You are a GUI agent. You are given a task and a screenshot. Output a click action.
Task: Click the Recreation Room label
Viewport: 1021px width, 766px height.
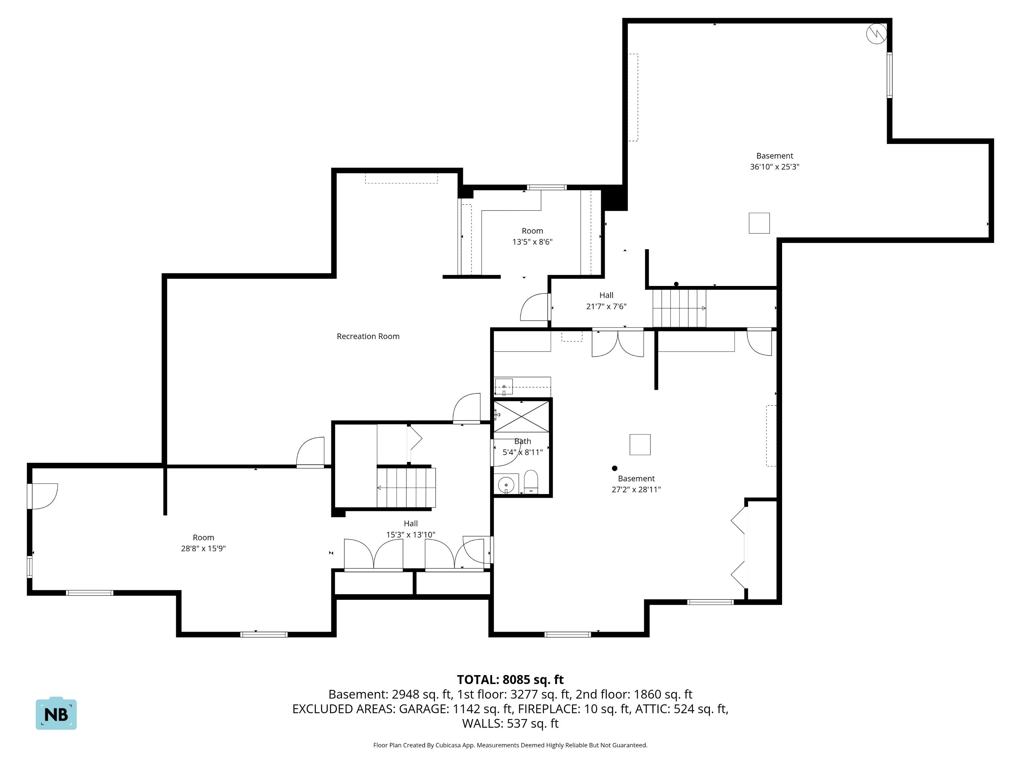pyautogui.click(x=368, y=336)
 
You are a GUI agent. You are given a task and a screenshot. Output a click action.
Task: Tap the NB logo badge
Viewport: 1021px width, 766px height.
pyautogui.click(x=56, y=713)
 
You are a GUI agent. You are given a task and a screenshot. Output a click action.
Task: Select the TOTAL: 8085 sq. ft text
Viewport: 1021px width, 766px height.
pyautogui.click(x=510, y=679)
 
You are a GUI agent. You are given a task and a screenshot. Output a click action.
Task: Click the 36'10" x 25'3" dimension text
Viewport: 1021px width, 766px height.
pyautogui.click(x=775, y=167)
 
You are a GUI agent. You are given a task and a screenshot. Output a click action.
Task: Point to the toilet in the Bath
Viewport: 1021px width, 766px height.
pyautogui.click(x=531, y=482)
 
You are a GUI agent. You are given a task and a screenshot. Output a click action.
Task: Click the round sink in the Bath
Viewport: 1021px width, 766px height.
pyautogui.click(x=506, y=485)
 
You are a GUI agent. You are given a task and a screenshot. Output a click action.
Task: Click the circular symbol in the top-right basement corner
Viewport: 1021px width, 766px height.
pyautogui.click(x=876, y=34)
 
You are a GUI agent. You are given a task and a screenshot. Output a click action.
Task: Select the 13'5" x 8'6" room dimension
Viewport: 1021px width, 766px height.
pyautogui.click(x=532, y=241)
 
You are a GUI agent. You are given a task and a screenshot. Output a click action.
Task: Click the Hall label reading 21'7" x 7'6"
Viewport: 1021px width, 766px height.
pyautogui.click(x=606, y=301)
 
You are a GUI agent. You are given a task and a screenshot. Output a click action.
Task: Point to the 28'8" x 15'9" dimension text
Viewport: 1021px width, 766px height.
pyautogui.click(x=203, y=548)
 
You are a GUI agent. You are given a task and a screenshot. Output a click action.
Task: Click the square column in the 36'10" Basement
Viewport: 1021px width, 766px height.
pyautogui.click(x=759, y=223)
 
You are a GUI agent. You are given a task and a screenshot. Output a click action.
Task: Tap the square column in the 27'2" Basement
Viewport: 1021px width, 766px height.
pyautogui.click(x=640, y=445)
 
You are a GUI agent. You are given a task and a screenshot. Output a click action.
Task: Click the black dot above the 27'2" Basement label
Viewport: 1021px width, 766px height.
pyautogui.click(x=614, y=468)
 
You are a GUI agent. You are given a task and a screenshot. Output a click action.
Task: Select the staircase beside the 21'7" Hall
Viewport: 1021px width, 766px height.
pyautogui.click(x=679, y=308)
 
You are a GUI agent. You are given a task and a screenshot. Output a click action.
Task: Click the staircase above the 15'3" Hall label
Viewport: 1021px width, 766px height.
pyautogui.click(x=406, y=488)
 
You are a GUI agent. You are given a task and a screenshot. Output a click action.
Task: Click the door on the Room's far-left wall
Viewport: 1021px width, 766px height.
pyautogui.click(x=43, y=496)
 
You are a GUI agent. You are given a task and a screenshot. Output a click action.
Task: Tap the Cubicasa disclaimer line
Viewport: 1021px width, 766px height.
pyautogui.click(x=510, y=745)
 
